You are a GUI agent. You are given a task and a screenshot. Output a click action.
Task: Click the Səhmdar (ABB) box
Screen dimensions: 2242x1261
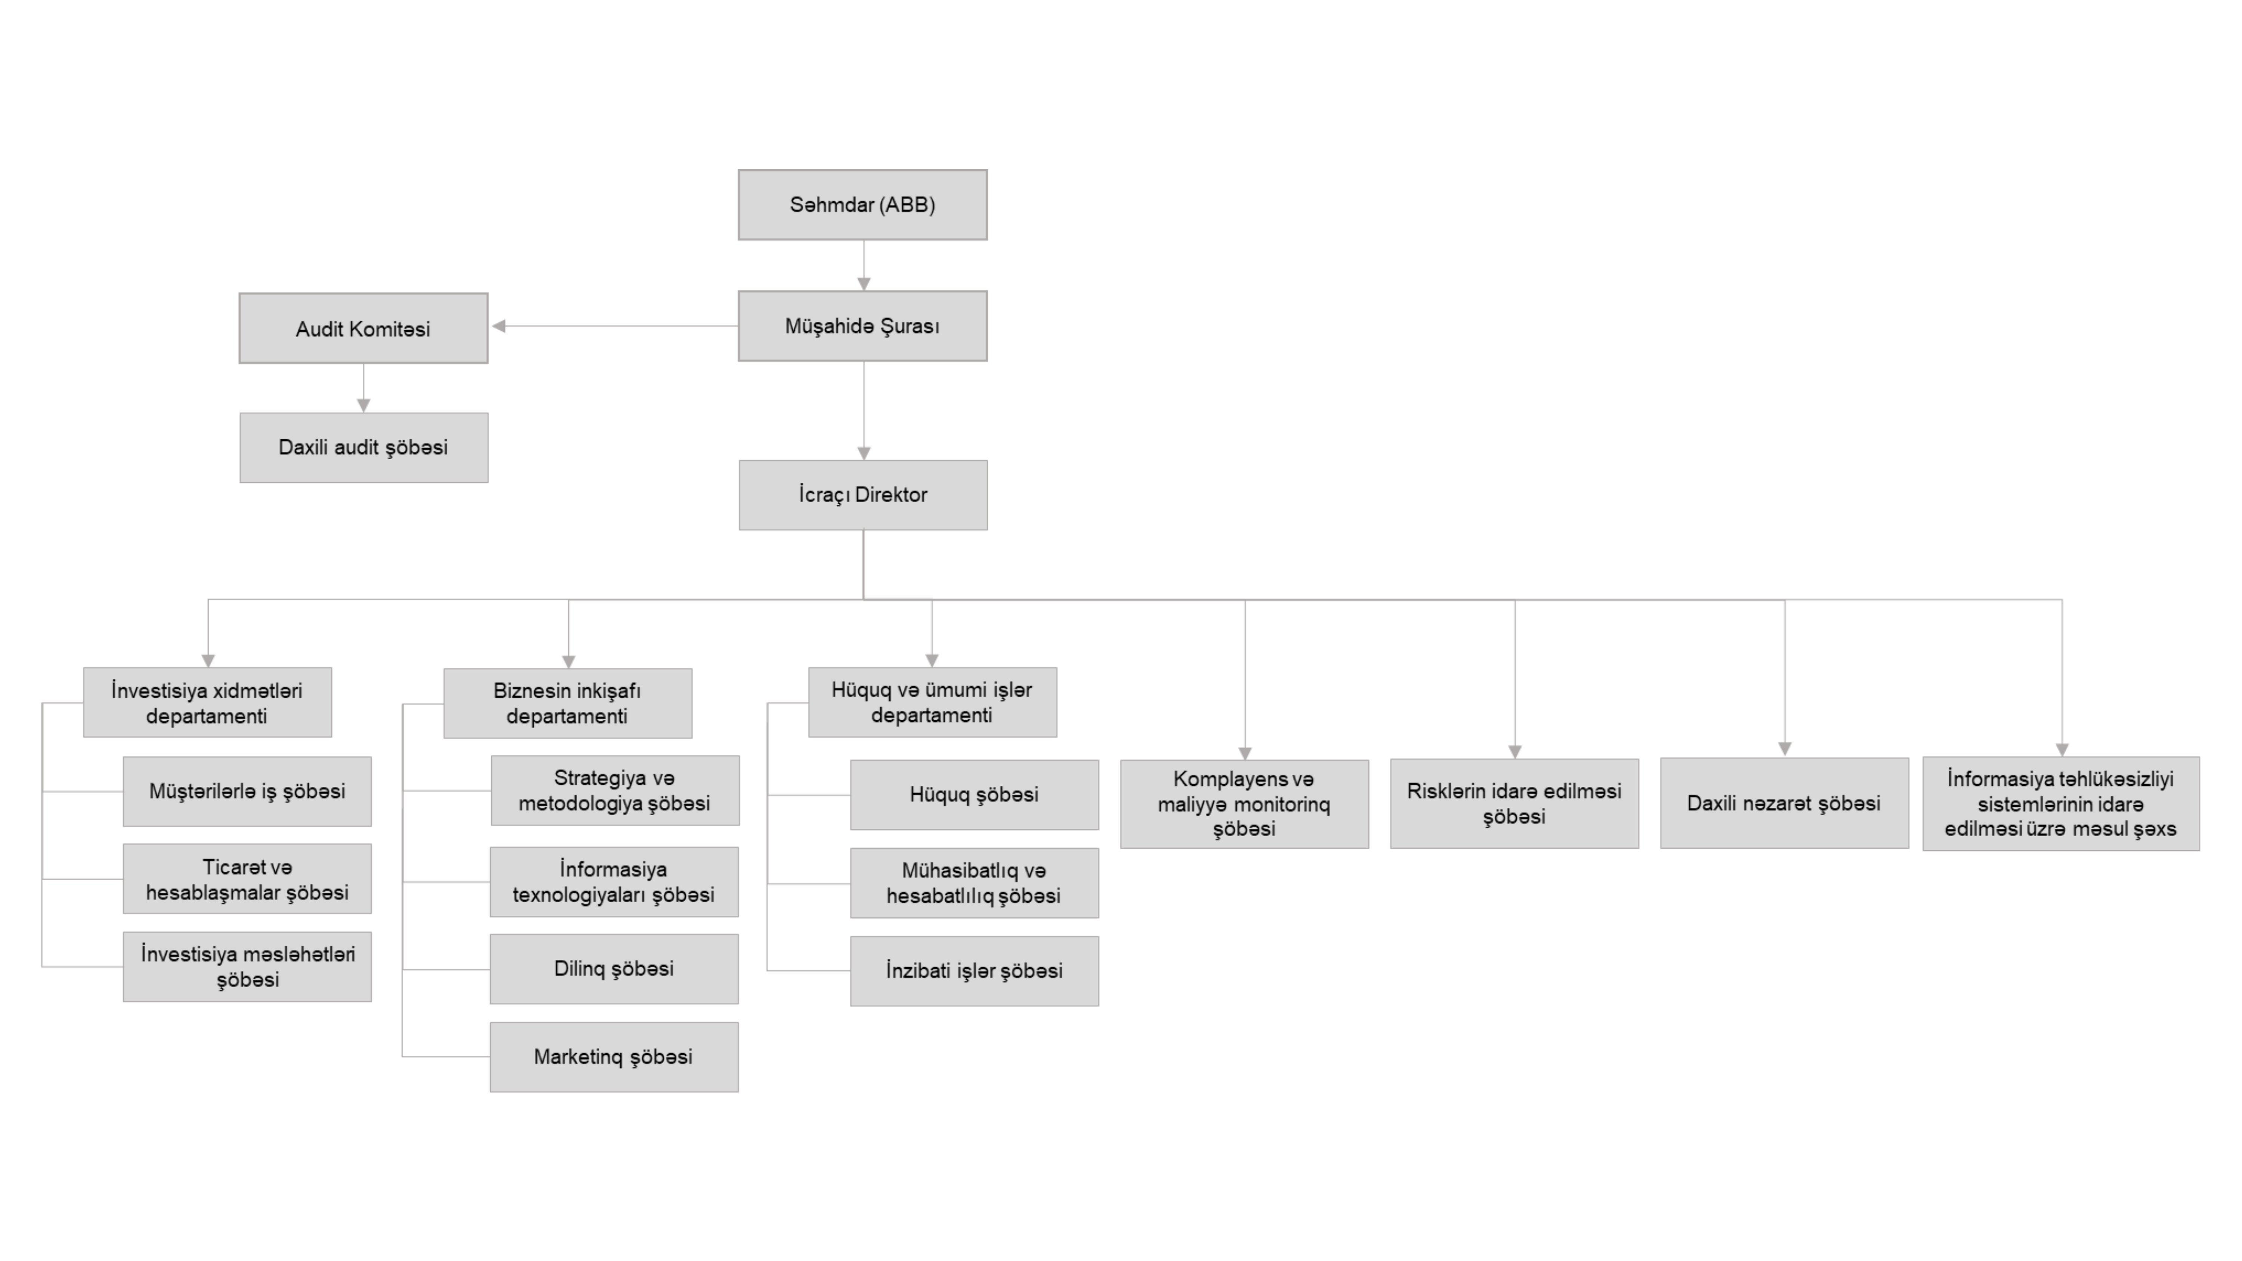862,204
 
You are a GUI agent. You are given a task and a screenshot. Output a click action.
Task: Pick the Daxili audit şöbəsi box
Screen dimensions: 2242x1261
364,447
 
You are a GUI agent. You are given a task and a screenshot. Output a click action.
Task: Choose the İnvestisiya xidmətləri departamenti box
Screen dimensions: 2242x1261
207,702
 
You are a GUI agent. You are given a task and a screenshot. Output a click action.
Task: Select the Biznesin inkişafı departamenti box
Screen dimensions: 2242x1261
568,703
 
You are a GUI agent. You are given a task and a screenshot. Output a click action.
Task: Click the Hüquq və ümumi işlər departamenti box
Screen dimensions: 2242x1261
932,702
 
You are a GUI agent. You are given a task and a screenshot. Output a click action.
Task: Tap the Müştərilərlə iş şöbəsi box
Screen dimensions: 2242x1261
247,791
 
